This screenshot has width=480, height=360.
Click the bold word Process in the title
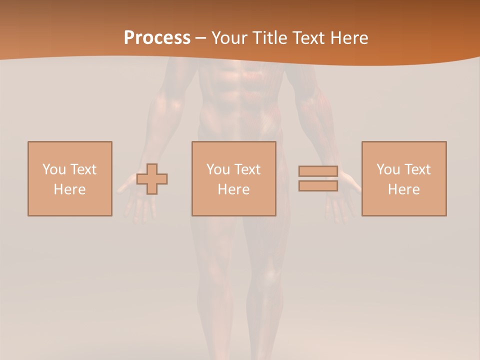157,37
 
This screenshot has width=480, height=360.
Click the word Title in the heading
270,37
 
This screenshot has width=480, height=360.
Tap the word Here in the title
347,37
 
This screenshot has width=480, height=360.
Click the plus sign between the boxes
152,179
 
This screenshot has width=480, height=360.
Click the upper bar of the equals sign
318,171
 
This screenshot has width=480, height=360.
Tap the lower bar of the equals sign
318,185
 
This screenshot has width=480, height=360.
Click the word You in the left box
54,169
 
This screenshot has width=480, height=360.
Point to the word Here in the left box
69,189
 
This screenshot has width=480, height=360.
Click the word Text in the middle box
247,169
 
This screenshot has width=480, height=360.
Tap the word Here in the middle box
233,189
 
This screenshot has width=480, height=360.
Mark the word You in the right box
388,169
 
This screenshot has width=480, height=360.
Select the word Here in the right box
403,189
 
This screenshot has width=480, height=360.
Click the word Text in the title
308,37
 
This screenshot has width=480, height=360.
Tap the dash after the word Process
200,38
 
